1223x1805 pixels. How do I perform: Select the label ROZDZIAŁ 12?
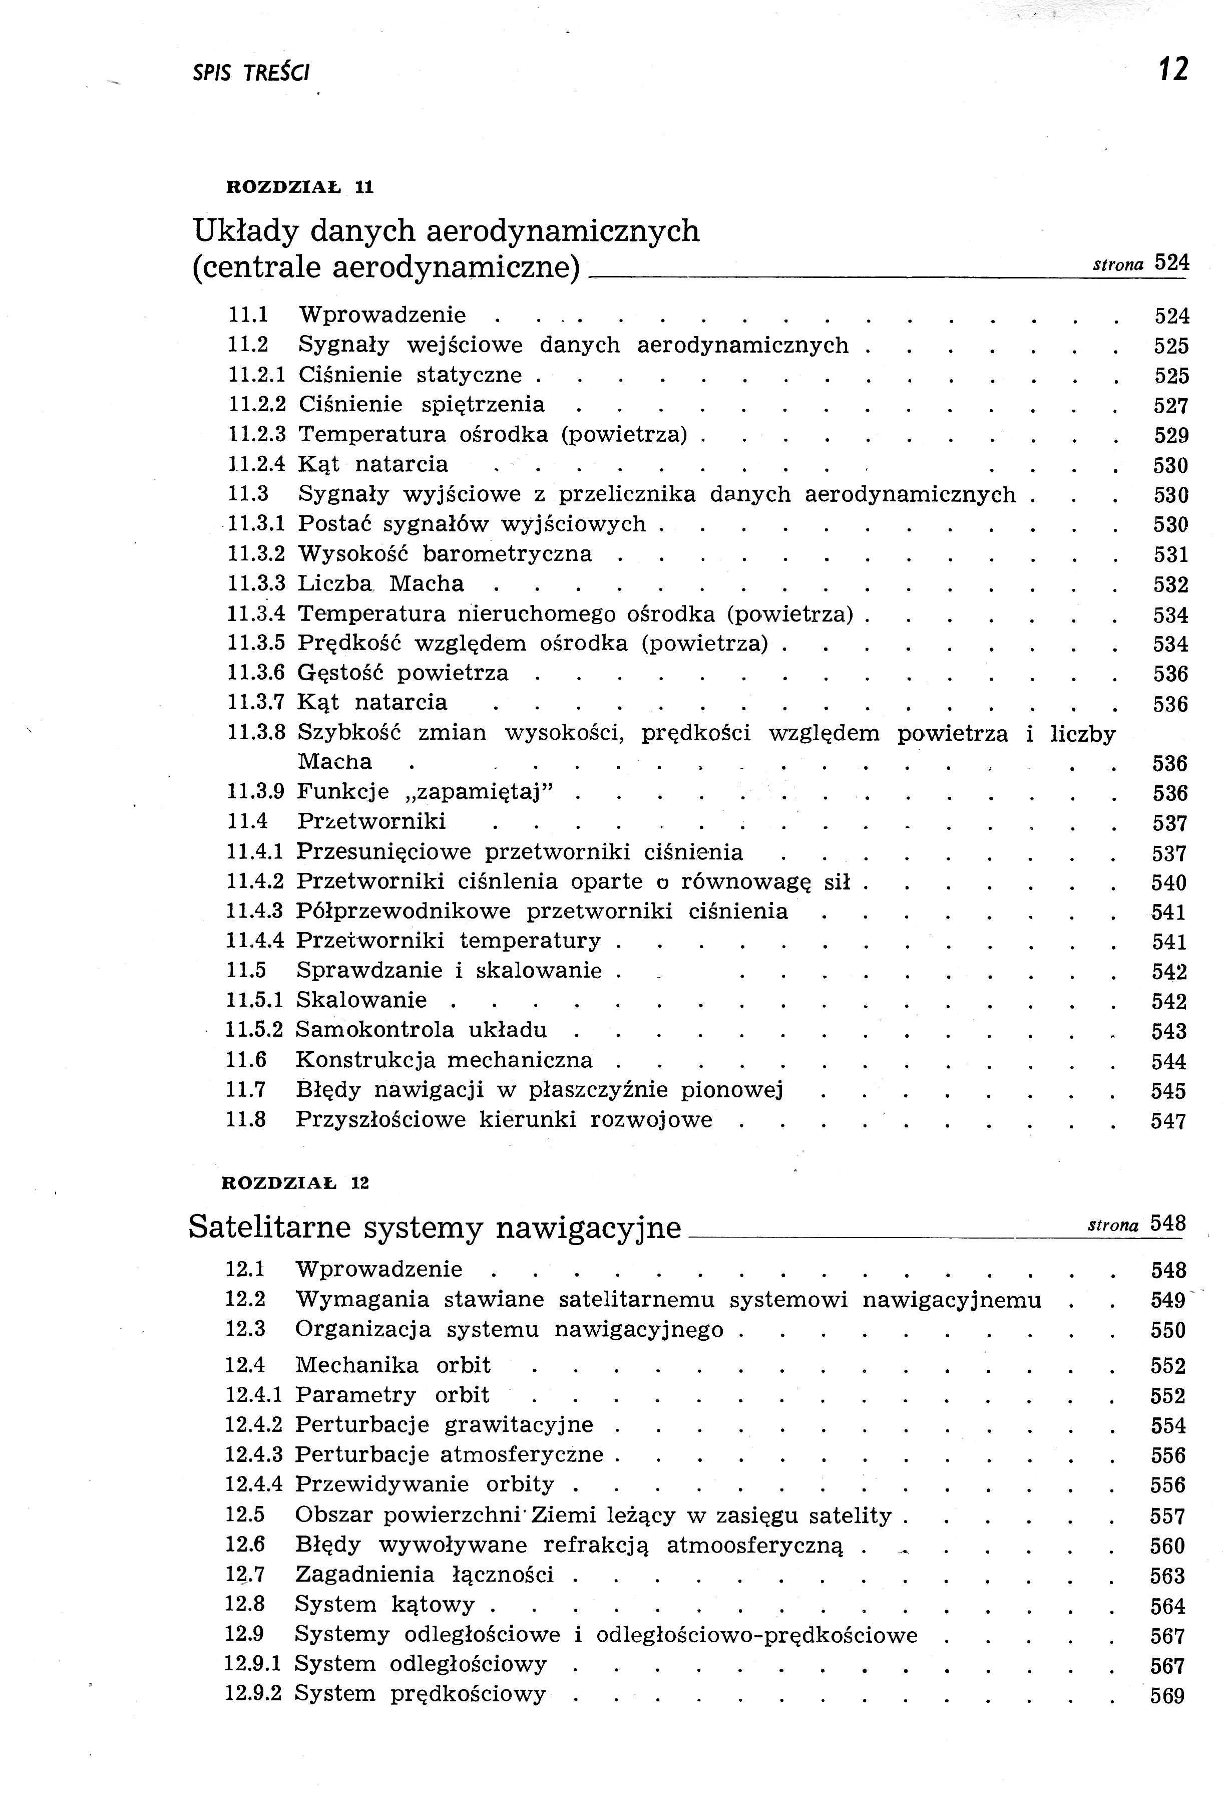(x=295, y=1183)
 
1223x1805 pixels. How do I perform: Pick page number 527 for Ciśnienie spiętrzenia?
(x=1171, y=406)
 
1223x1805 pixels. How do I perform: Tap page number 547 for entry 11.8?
(x=1168, y=1121)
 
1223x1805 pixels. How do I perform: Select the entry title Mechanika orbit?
(x=392, y=1365)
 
